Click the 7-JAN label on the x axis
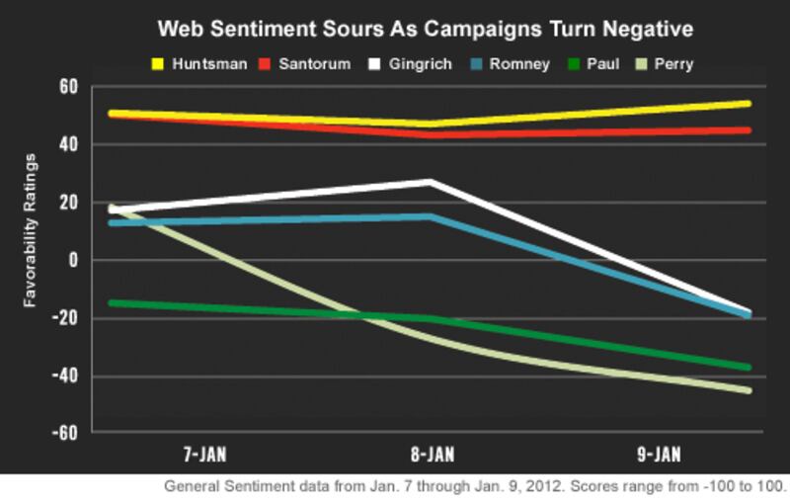(205, 456)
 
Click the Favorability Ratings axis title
(31, 230)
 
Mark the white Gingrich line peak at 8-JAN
(430, 182)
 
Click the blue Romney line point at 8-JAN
(430, 216)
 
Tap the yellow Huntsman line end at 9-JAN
(748, 103)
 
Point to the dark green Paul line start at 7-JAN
(112, 302)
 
